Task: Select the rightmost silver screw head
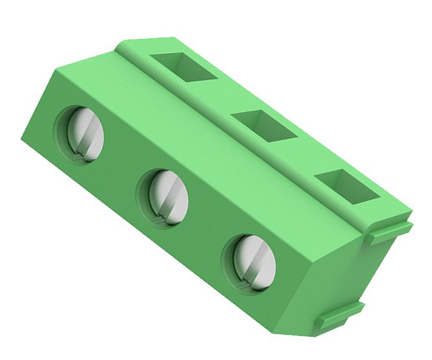pyautogui.click(x=255, y=262)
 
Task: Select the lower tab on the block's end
pyautogui.click(x=340, y=314)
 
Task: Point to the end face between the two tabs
pyautogui.click(x=373, y=272)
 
